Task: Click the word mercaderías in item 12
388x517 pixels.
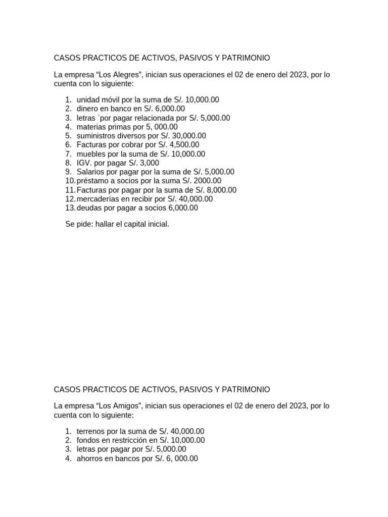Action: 95,199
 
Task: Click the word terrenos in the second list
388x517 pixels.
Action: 92,431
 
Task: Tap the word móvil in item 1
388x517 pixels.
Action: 111,100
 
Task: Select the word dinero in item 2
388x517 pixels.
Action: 88,109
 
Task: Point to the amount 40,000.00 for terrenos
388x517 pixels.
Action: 187,431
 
